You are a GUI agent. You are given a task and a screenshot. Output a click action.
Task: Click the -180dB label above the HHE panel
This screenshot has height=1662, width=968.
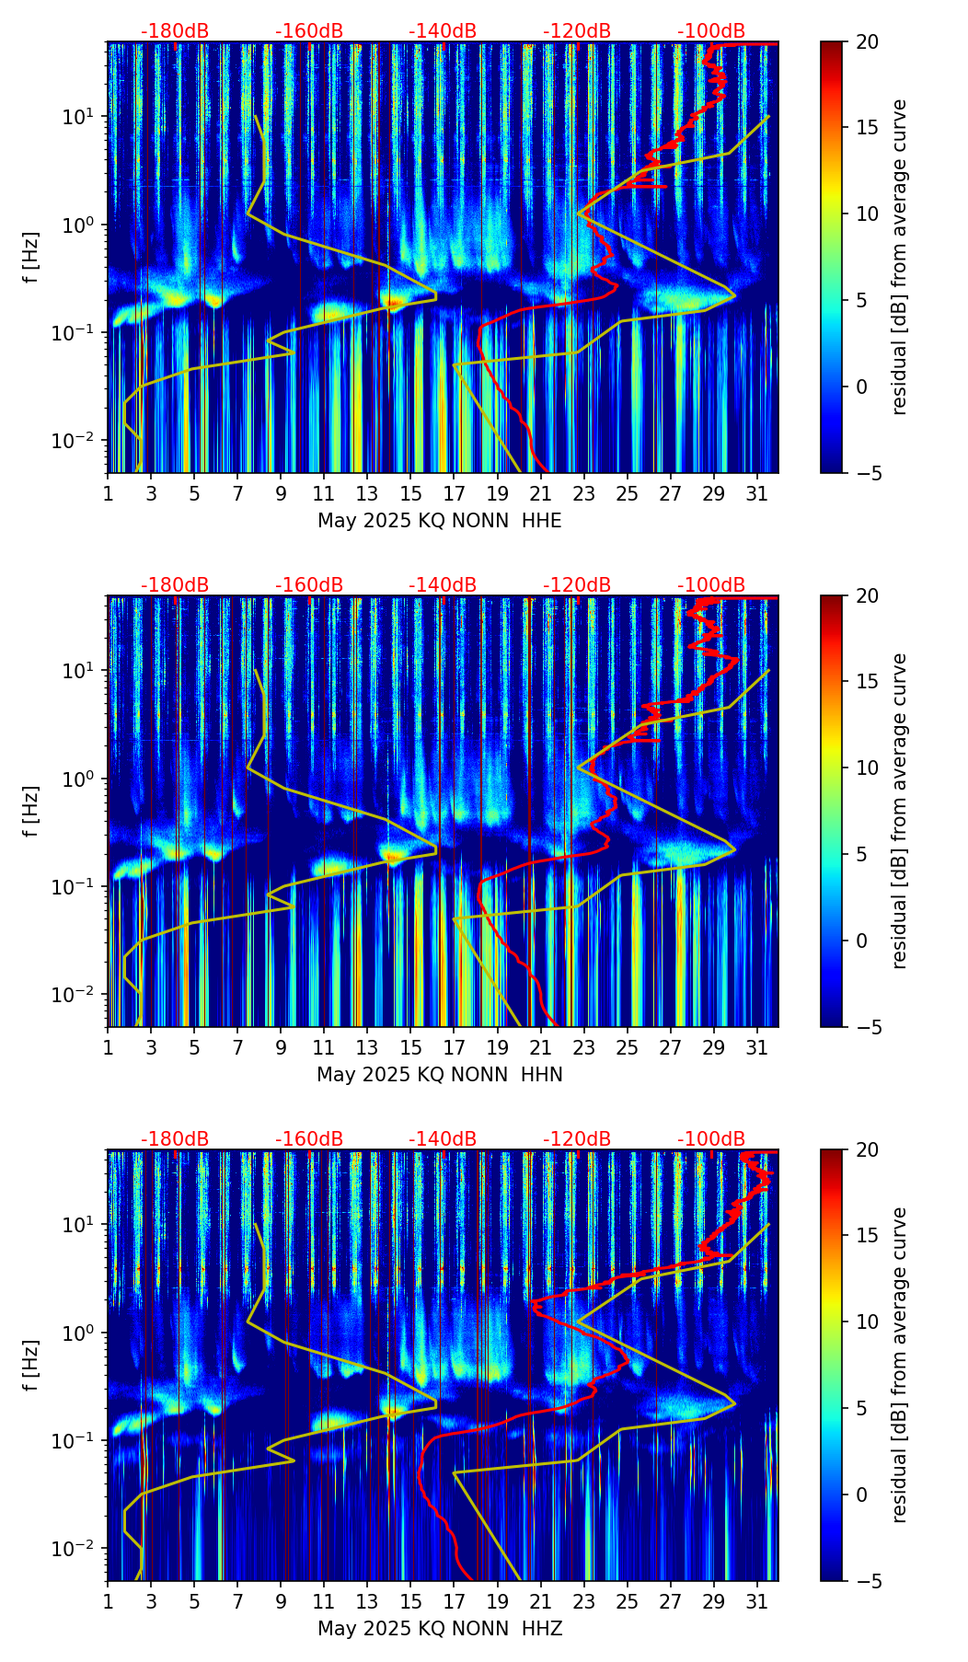pos(175,31)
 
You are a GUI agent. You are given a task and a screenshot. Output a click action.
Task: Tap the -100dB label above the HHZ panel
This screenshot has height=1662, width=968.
pos(711,1139)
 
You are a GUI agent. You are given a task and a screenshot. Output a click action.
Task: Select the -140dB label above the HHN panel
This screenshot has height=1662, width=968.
pos(443,585)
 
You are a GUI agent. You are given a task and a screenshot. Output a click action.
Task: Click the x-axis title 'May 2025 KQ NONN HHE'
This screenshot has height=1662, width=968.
pos(440,521)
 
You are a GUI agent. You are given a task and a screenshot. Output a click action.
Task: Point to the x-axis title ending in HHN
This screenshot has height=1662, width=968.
pos(440,1075)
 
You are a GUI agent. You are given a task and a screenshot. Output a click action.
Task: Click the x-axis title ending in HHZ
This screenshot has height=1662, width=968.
pos(440,1629)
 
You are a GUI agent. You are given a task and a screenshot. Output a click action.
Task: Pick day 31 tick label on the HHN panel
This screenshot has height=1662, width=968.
pos(756,1048)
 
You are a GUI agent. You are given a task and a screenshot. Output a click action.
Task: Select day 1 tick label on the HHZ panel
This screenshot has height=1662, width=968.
pos(109,1602)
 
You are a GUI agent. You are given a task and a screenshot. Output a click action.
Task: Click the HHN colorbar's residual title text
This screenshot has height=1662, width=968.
pos(900,811)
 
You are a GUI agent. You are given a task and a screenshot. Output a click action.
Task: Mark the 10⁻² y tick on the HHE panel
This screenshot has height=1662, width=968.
pos(82,442)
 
